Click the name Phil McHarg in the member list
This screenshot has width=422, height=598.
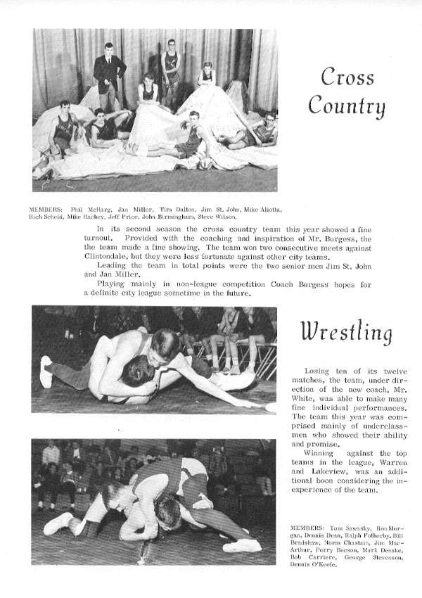pyautogui.click(x=85, y=210)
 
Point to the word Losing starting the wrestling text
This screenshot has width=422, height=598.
pyautogui.click(x=319, y=371)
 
